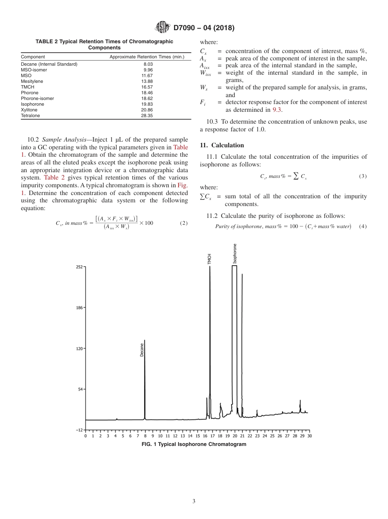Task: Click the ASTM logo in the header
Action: [163, 28]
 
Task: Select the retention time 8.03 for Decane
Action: [147, 64]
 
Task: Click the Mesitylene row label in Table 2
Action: [32, 81]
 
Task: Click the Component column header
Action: [33, 57]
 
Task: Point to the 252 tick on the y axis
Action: [79, 267]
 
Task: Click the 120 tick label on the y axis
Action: [79, 348]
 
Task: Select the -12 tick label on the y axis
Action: [79, 430]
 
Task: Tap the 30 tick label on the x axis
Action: [309, 436]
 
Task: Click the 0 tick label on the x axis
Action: [86, 436]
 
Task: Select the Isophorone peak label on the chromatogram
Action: [235, 254]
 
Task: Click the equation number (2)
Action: [183, 223]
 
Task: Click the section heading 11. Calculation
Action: [222, 145]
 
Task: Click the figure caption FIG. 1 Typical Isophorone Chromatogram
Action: [194, 444]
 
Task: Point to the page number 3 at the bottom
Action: [194, 501]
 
